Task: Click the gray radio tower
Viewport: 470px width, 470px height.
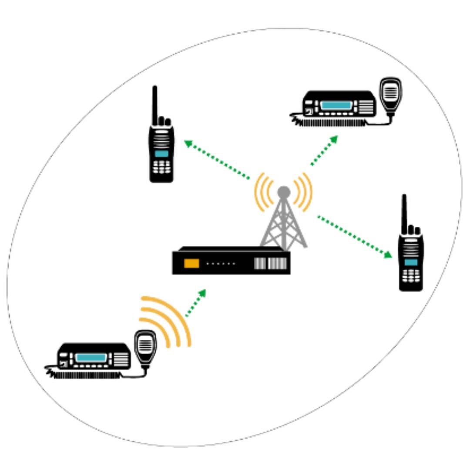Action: [x=283, y=224]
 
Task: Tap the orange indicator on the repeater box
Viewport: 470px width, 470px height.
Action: [x=191, y=263]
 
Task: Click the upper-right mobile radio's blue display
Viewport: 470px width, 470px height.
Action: [x=336, y=105]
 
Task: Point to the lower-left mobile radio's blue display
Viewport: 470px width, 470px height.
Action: [x=91, y=358]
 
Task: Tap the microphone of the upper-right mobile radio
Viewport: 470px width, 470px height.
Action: [x=390, y=92]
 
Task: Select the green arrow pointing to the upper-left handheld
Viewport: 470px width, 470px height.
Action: [x=216, y=159]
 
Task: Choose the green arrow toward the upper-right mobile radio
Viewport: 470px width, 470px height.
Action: [x=324, y=150]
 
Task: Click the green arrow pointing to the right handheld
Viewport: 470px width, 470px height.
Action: [x=355, y=236]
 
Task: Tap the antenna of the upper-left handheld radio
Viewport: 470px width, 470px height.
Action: [x=154, y=104]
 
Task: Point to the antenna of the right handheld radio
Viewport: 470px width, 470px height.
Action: [x=404, y=213]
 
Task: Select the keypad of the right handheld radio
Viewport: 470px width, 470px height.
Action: [x=411, y=275]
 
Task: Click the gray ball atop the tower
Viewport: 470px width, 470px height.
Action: [x=284, y=191]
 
